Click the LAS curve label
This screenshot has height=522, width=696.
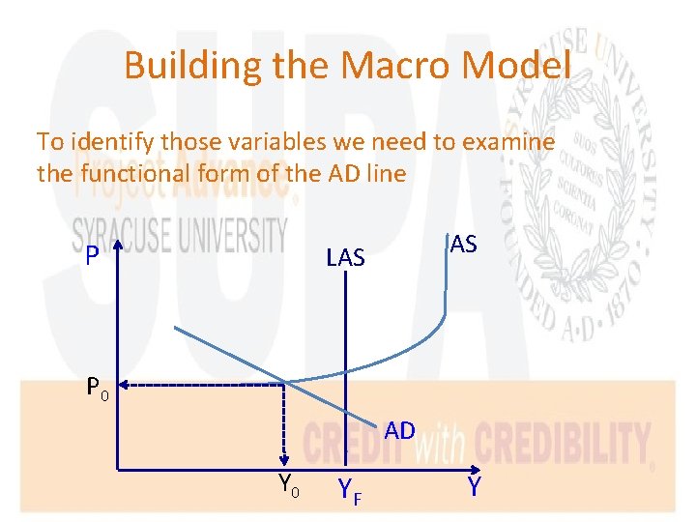tap(345, 257)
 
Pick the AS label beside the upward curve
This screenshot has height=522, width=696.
tap(463, 245)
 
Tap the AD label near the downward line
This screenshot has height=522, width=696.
tap(399, 431)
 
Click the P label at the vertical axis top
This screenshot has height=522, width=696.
tap(91, 257)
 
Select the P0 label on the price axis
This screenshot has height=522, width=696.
tap(98, 389)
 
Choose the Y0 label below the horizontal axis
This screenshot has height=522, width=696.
tap(288, 484)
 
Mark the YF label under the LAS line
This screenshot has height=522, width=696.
tap(350, 492)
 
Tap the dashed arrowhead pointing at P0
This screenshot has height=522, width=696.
tap(127, 385)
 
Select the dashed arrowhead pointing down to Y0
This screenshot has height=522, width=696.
tap(283, 463)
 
